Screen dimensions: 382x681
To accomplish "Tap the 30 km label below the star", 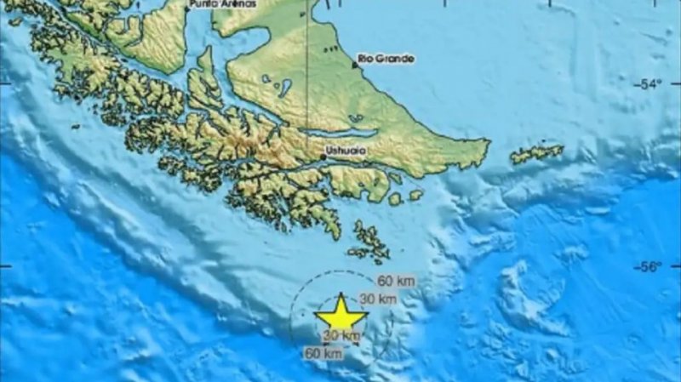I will tap(336, 337).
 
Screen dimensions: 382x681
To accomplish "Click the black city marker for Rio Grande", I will tap(355, 64).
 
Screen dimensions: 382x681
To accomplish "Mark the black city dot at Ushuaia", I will tap(323, 157).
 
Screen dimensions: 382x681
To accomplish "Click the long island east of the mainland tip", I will tap(536, 154).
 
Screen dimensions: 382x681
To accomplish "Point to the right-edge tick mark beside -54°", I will tap(677, 83).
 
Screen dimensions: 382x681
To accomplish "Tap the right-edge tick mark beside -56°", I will tap(677, 266).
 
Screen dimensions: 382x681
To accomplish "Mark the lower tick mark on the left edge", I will tap(3, 266).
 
